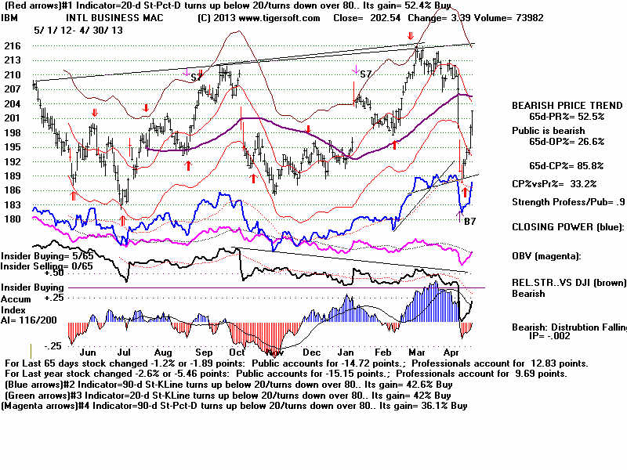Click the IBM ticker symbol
pos(10,16)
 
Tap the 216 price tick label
pos(14,46)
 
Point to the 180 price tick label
pos(14,219)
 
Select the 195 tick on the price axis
pos(14,146)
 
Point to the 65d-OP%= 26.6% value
pos(558,142)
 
